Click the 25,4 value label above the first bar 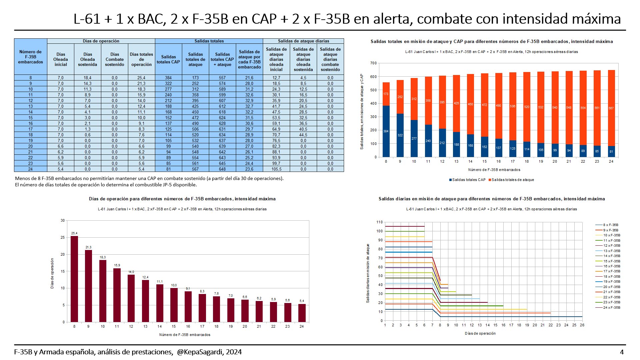[x=74, y=233]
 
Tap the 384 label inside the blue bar [x=386, y=131]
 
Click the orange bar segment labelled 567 [x=611, y=108]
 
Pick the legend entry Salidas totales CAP [x=467, y=180]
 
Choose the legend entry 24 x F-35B [x=611, y=307]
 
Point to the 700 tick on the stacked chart [x=373, y=63]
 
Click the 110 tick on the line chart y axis [x=379, y=222]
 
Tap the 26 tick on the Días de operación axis [x=582, y=325]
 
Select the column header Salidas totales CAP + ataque [x=222, y=59]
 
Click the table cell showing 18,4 [x=88, y=78]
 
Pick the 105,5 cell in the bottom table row [x=276, y=169]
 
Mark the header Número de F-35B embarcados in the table [x=30, y=57]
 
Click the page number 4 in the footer [x=622, y=352]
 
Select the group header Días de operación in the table [x=101, y=41]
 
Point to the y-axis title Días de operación [x=52, y=273]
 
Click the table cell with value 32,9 [x=249, y=101]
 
